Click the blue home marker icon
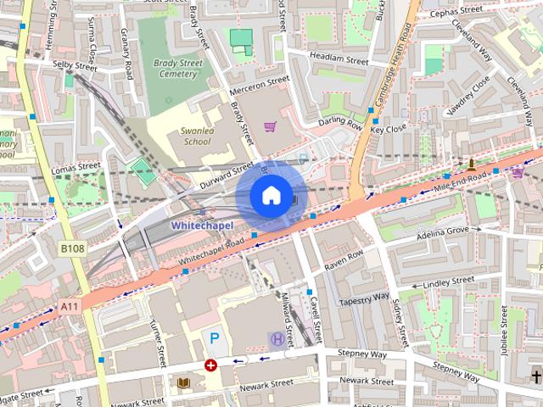270,196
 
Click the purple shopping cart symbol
270,127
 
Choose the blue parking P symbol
215,338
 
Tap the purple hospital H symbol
277,339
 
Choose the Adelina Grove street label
442,231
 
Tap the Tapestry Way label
363,300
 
